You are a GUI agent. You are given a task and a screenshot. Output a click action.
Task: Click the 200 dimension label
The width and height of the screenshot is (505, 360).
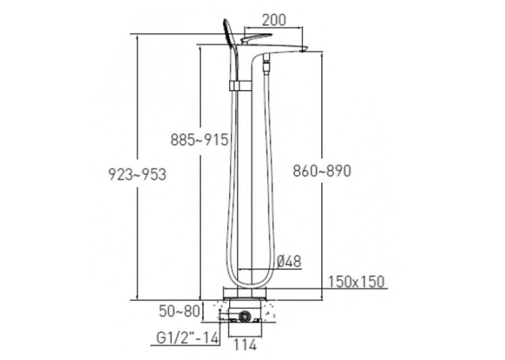coord(274,20)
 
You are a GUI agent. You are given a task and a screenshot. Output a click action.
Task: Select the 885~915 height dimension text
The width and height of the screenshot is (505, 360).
coord(199,140)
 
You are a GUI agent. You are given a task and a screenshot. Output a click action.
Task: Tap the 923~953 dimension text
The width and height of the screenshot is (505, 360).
coord(137,174)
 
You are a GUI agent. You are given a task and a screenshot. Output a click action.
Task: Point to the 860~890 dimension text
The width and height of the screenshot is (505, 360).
coord(321,171)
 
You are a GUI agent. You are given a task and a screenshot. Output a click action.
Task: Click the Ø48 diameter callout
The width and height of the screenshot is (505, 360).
coord(289,262)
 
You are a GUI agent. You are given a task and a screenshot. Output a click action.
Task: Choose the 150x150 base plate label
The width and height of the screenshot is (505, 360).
coord(356,281)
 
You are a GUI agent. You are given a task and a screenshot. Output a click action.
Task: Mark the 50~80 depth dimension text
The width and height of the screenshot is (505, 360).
coord(180,311)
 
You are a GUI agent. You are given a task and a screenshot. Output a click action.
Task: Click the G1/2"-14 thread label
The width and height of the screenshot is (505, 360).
coord(187,338)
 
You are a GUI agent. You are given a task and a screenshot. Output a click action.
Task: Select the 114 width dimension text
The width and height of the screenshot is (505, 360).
coord(245,345)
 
